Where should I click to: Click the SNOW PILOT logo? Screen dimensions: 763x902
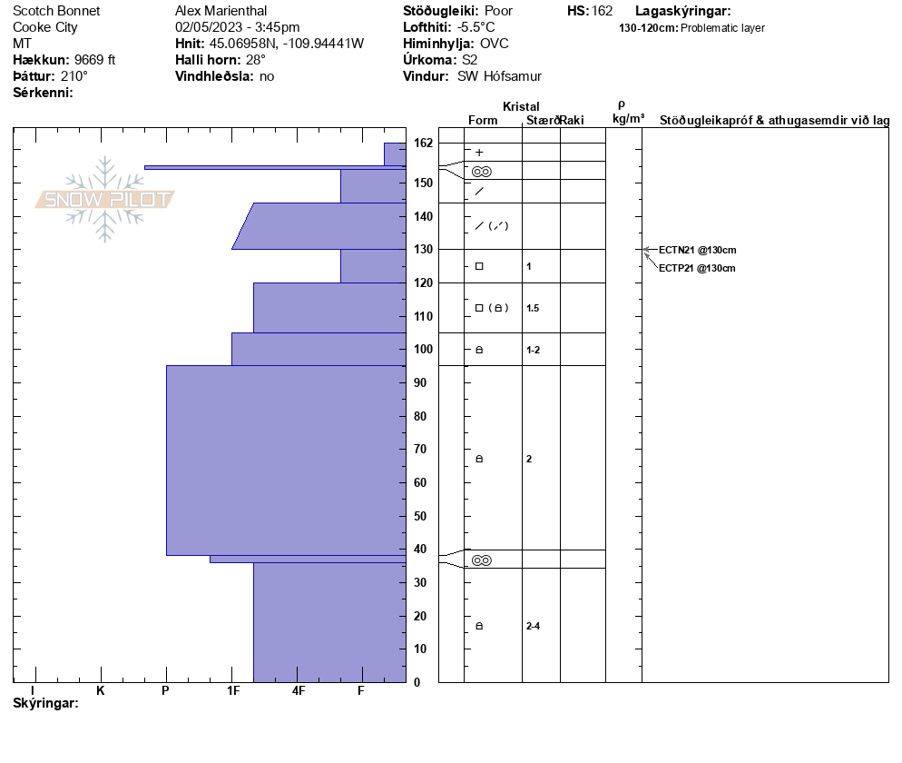(x=104, y=199)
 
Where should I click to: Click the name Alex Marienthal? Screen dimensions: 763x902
(x=220, y=11)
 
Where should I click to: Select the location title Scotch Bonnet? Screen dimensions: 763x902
(x=56, y=11)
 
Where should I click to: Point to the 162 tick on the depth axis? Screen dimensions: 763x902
(x=422, y=144)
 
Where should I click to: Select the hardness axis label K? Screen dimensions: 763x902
(x=101, y=690)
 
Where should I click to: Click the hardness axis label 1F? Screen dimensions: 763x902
(x=233, y=690)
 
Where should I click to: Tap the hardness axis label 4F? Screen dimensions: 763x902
(x=299, y=690)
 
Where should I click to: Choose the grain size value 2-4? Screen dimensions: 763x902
(x=534, y=626)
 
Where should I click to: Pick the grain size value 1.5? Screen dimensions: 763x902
(x=533, y=308)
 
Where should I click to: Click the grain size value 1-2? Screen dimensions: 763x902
(x=533, y=350)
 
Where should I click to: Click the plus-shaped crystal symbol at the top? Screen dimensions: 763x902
(x=479, y=153)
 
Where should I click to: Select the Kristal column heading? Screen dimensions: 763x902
(x=521, y=107)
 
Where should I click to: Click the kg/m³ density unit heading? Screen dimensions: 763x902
(x=628, y=119)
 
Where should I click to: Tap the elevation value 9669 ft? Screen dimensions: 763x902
(x=95, y=60)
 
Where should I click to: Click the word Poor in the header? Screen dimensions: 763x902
(x=499, y=11)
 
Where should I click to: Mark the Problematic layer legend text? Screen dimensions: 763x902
(x=722, y=28)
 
